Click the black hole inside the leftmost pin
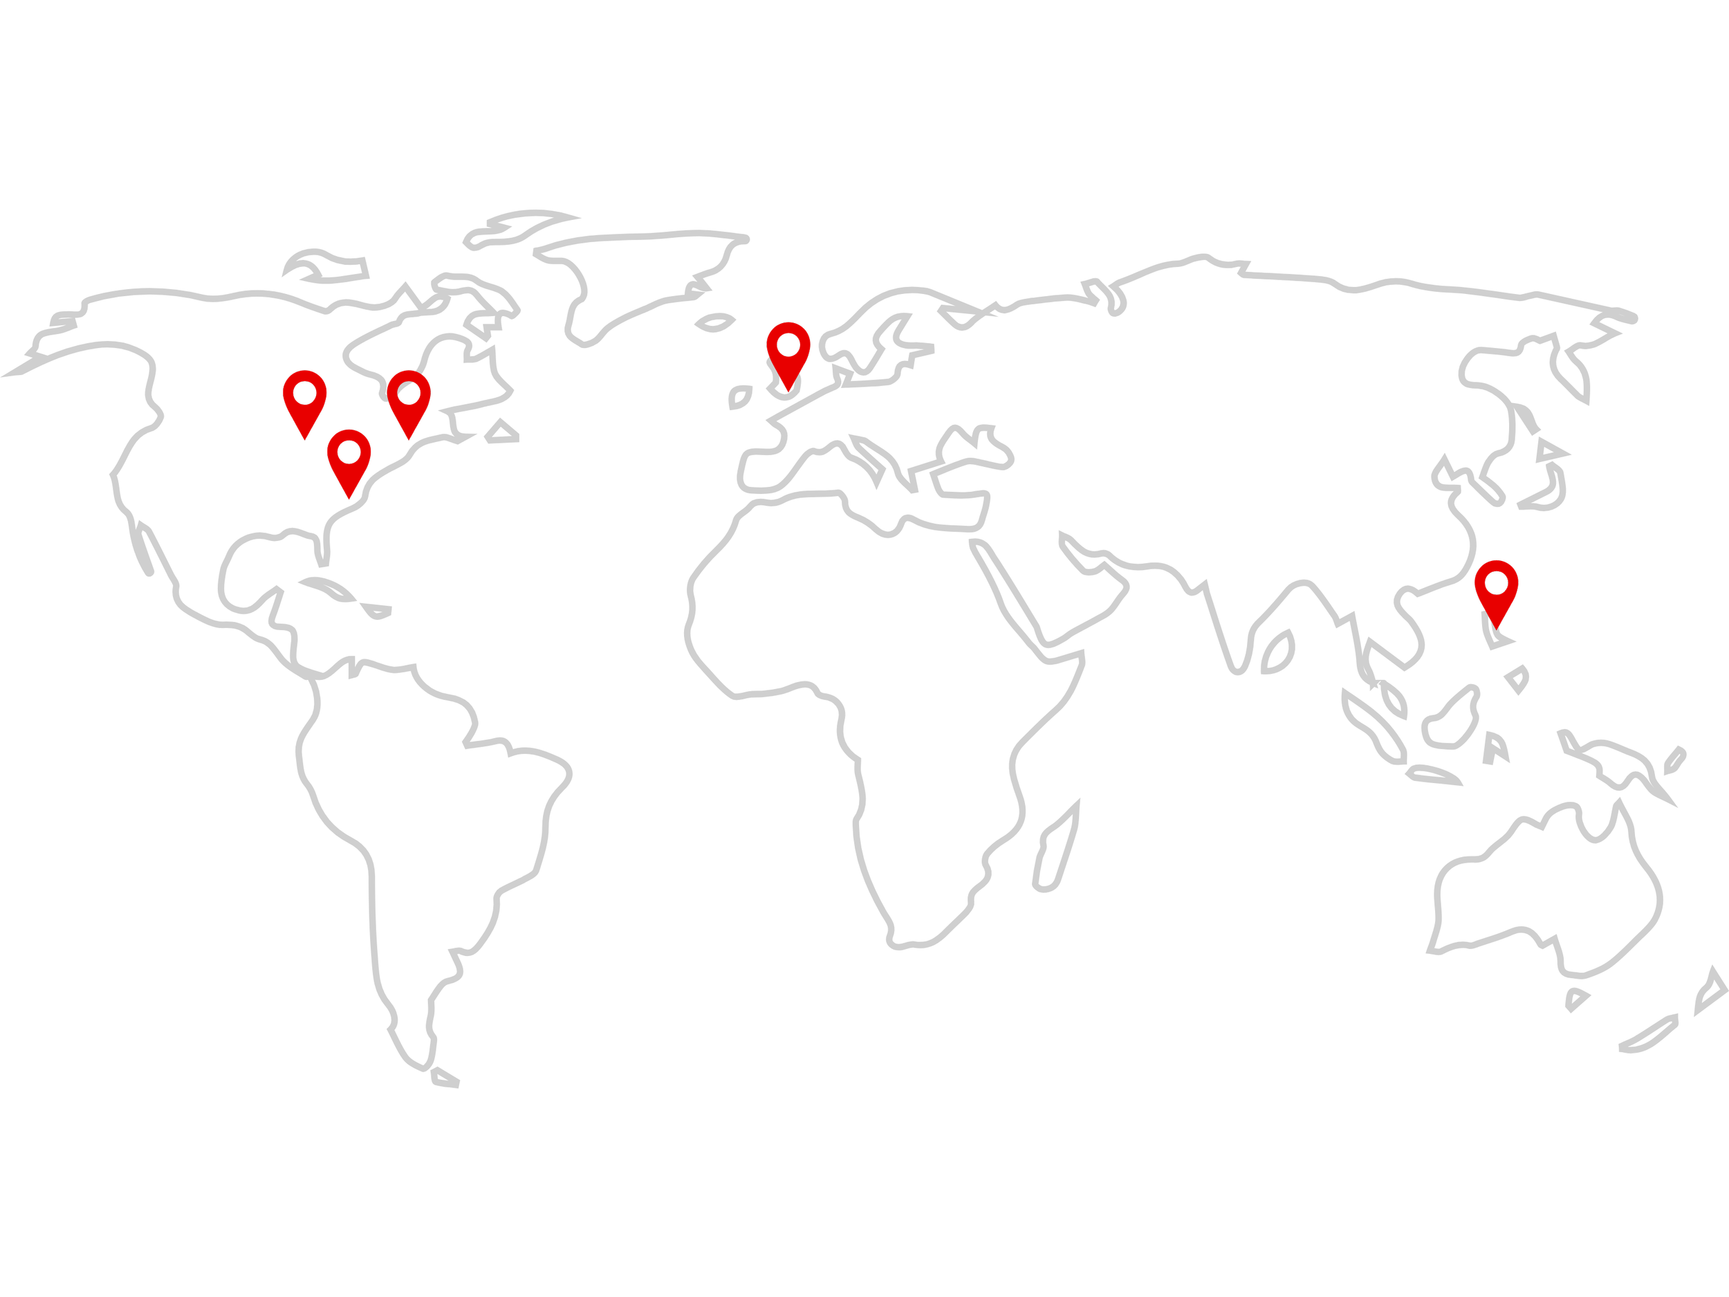pyautogui.click(x=305, y=392)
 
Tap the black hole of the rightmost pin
pyautogui.click(x=1496, y=582)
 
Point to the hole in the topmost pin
pyautogui.click(x=788, y=344)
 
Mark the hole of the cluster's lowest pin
pyautogui.click(x=349, y=452)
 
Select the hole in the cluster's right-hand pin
pyautogui.click(x=409, y=392)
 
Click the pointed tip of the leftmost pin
pyautogui.click(x=305, y=439)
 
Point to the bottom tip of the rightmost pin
pyautogui.click(x=1496, y=628)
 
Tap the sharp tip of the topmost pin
pyautogui.click(x=788, y=390)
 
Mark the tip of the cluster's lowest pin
pyautogui.click(x=349, y=498)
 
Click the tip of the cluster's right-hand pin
pyautogui.click(x=409, y=439)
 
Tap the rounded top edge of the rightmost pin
pyautogui.click(x=1496, y=564)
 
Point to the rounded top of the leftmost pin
pyautogui.click(x=305, y=374)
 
